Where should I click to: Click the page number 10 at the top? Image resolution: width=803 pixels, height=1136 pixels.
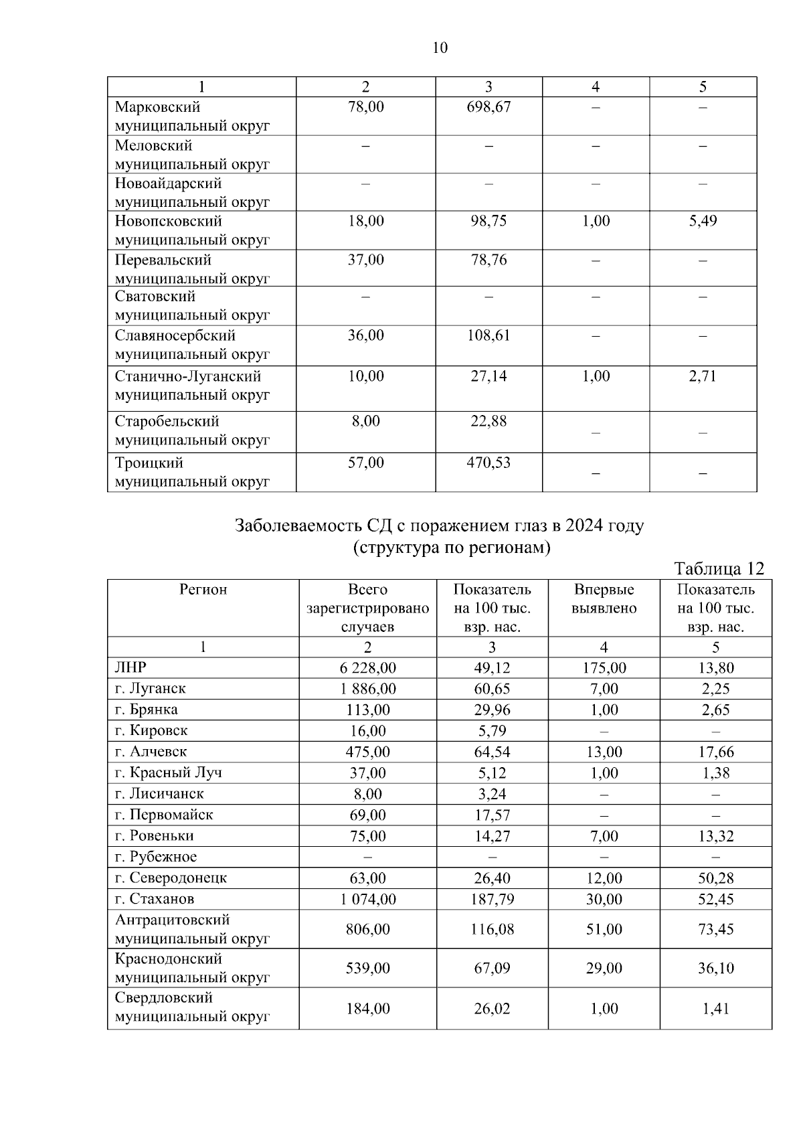tap(440, 48)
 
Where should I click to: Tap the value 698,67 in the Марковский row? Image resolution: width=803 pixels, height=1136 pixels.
tap(488, 107)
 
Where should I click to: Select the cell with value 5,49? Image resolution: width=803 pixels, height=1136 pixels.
tap(703, 221)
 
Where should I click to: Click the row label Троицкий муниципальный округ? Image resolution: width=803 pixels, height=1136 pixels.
tap(192, 472)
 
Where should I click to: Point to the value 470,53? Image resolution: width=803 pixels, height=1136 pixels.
tap(488, 463)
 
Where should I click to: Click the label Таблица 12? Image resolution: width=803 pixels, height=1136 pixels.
tap(719, 569)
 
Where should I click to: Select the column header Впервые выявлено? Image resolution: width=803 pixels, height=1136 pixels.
tap(604, 599)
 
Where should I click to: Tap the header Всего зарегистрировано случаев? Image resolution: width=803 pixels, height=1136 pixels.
tap(367, 608)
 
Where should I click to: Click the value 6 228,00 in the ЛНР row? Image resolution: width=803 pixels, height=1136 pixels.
tap(367, 668)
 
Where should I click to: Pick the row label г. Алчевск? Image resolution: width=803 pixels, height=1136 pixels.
tap(151, 751)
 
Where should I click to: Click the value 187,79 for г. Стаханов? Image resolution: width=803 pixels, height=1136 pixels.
tap(492, 899)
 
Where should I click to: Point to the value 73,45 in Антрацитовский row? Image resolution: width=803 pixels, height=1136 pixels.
tap(715, 929)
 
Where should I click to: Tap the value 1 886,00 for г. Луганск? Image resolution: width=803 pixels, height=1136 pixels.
tap(367, 689)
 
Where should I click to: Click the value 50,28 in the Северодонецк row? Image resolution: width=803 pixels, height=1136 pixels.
tap(715, 878)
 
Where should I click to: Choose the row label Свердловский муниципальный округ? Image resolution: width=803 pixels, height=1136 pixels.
tap(192, 1007)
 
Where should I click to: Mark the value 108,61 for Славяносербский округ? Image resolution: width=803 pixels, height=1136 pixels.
tap(488, 335)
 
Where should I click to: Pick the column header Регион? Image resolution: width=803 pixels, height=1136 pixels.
tap(203, 590)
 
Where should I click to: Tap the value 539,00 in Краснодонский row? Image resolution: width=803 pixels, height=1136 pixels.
tap(367, 968)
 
